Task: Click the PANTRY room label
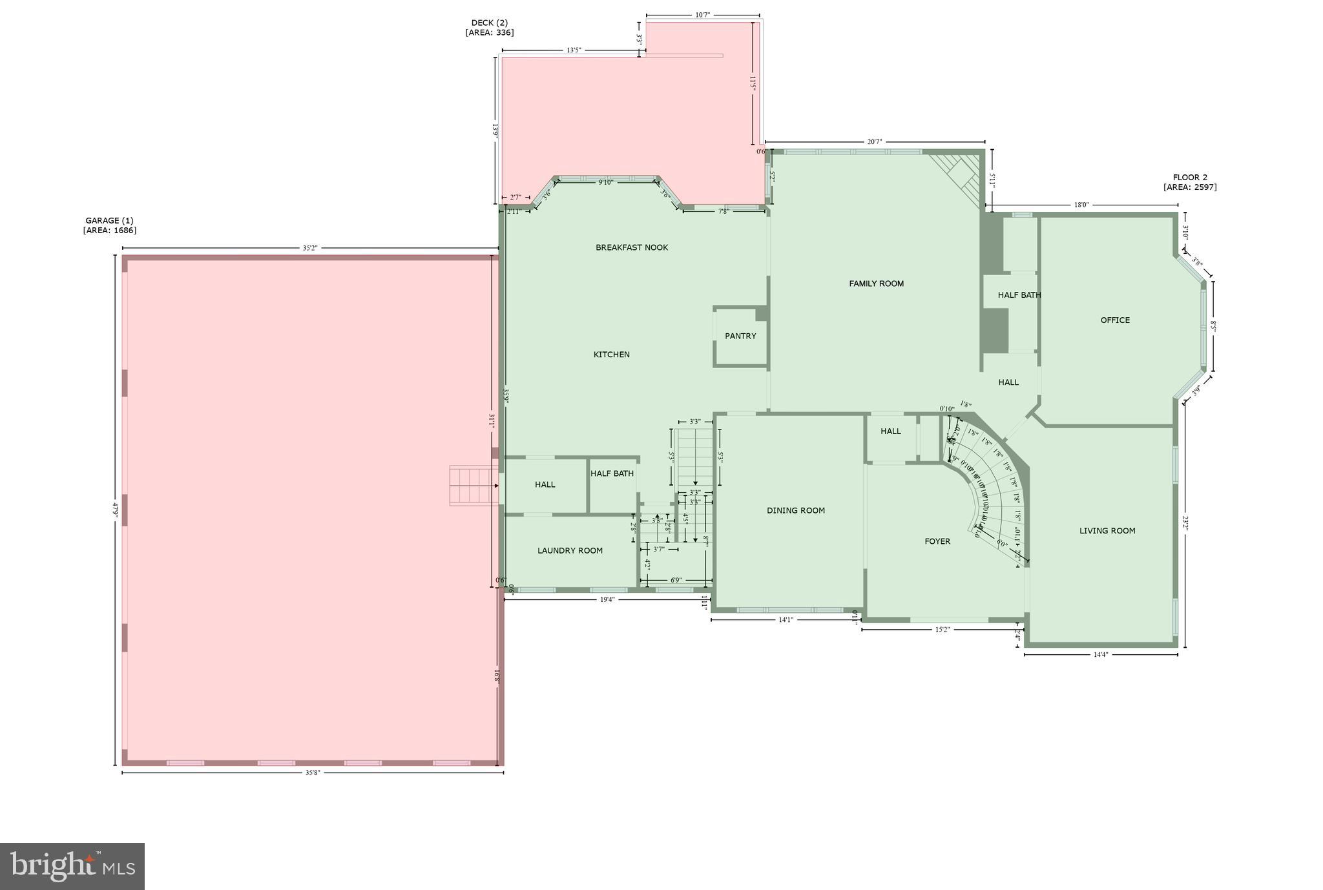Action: pos(740,336)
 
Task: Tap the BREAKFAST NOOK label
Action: pos(632,247)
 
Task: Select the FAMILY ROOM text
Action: pos(876,284)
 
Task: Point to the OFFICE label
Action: pos(1115,320)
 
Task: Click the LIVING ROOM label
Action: pos(1107,531)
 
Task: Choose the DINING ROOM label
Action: pos(796,510)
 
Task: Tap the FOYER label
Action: pos(937,541)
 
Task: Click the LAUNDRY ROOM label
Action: pos(570,550)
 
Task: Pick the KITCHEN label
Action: pos(611,354)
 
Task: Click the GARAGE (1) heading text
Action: pos(109,220)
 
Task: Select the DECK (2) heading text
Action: pos(489,23)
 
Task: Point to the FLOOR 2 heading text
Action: pos(1190,178)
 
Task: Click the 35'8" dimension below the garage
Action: pos(313,773)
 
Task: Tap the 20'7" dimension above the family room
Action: pos(874,141)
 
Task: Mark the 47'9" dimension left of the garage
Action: pos(116,510)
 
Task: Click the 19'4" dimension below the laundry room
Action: pos(607,599)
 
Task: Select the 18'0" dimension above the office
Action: pos(1081,205)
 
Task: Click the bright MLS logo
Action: pos(72,866)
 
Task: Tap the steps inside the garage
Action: pos(474,486)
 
